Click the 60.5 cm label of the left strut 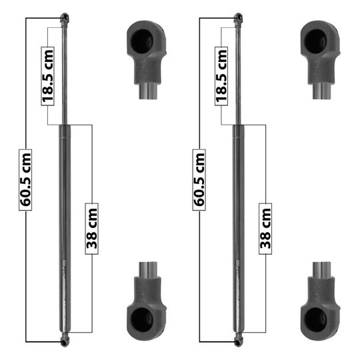[x=25, y=180]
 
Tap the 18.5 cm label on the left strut [x=47, y=76]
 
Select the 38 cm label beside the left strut [x=92, y=229]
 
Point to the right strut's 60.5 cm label [x=199, y=180]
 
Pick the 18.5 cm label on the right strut [x=221, y=76]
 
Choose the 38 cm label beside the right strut [x=265, y=229]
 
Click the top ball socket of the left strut [x=65, y=19]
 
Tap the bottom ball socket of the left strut [x=65, y=339]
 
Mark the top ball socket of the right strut [x=238, y=19]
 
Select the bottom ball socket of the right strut [x=238, y=339]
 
